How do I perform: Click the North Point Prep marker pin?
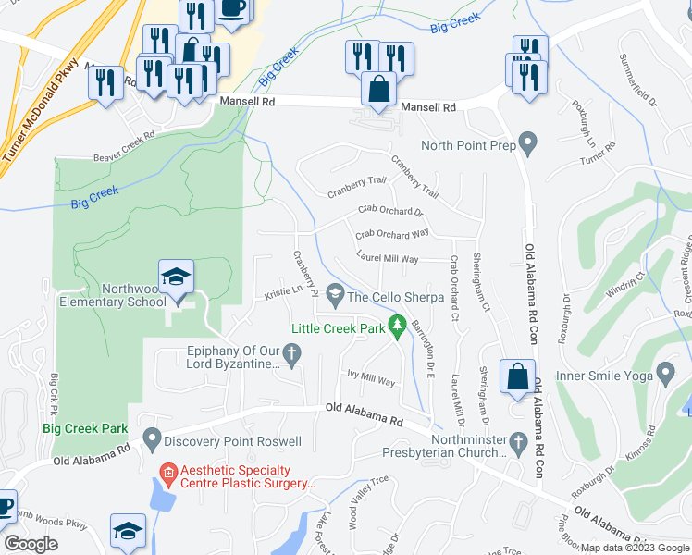[x=528, y=144]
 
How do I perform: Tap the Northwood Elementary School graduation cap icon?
[x=176, y=277]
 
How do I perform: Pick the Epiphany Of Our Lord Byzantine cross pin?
[x=291, y=353]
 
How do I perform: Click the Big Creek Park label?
[x=85, y=428]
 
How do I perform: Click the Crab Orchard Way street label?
[x=392, y=234]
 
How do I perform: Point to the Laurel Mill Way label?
[x=388, y=259]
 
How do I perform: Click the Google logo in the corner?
[x=31, y=544]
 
